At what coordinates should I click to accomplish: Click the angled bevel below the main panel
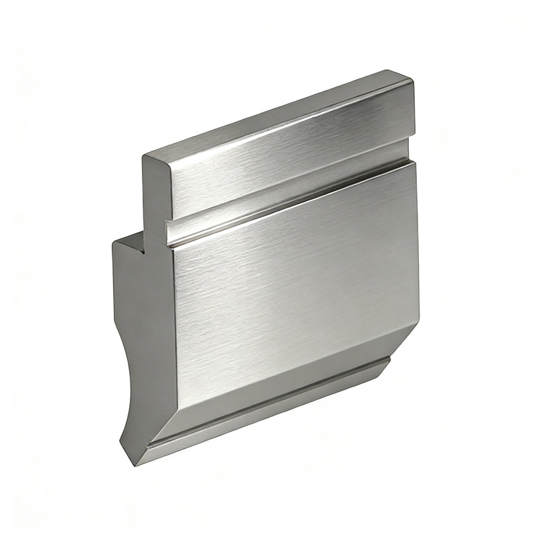coord(282,390)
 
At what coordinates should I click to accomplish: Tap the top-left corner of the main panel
coord(174,249)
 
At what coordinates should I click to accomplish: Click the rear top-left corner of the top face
coord(144,156)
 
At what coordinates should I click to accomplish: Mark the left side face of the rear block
coord(134,303)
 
